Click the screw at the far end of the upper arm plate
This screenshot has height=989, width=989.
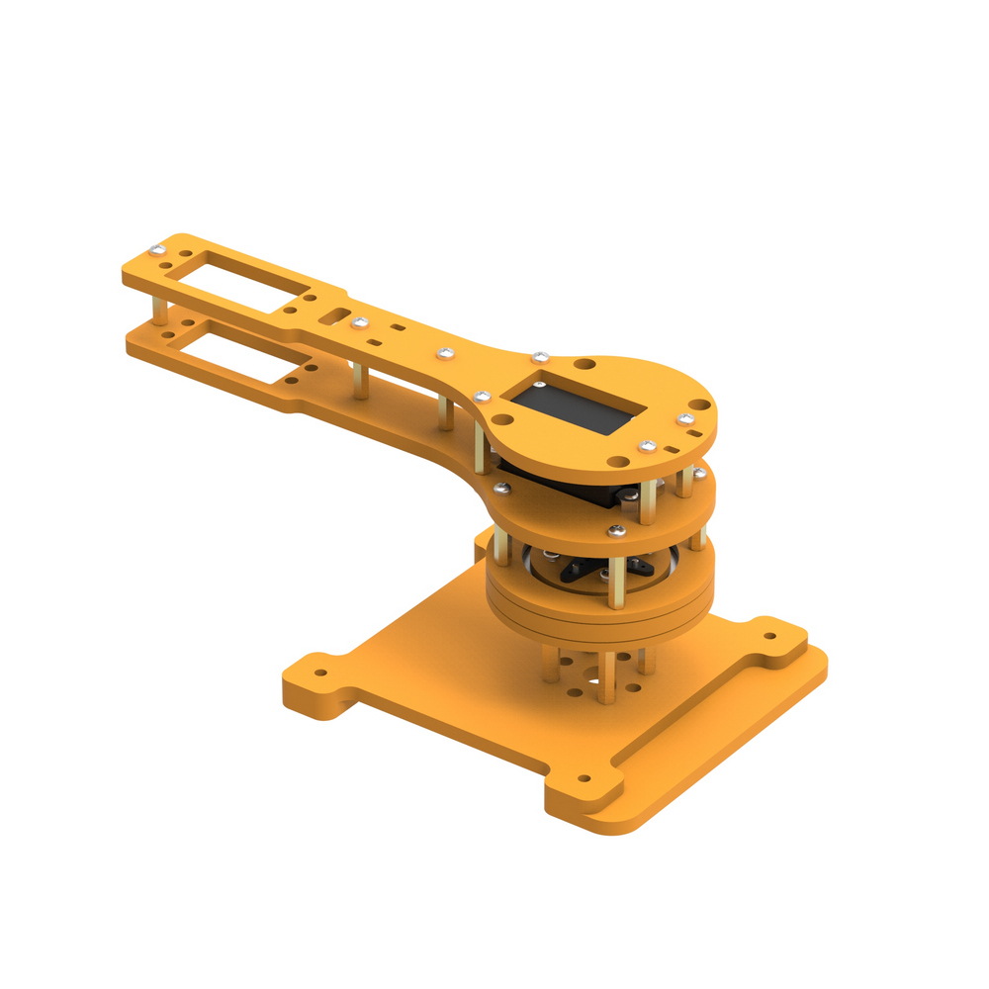click(x=155, y=248)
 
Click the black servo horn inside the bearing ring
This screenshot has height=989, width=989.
click(x=584, y=568)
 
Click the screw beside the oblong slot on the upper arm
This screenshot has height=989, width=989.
click(x=359, y=321)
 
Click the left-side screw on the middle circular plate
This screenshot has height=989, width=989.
click(x=501, y=486)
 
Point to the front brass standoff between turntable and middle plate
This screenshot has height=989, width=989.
click(x=617, y=574)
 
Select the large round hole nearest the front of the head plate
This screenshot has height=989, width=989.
click(x=617, y=461)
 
